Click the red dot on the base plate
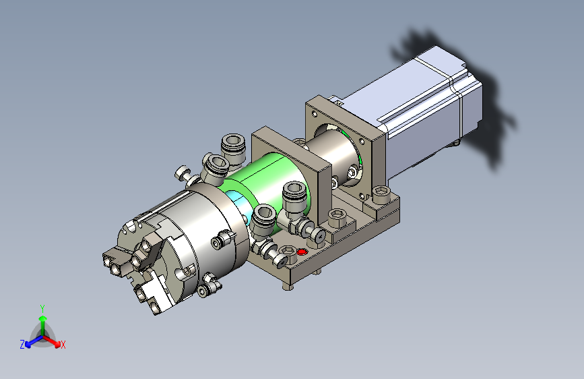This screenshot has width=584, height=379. coord(302,252)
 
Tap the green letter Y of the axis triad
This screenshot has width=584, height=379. coord(42,308)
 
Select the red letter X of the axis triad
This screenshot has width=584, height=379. coord(63,345)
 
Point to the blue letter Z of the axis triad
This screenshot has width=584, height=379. coord(22,345)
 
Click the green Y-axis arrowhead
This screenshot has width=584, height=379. coord(43,318)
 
